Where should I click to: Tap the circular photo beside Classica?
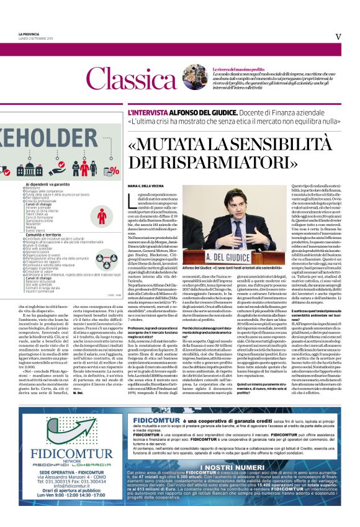[x=186, y=77]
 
